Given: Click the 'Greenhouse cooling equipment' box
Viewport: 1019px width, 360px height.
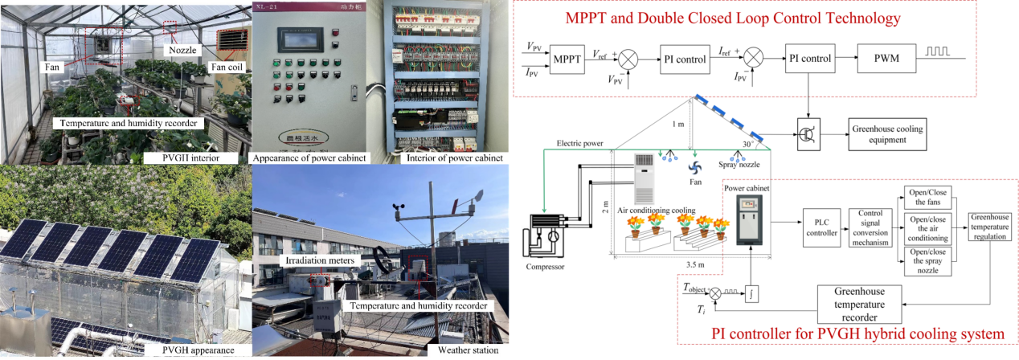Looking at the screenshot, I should [888, 133].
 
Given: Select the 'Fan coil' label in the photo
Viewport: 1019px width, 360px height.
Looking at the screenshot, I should [227, 67].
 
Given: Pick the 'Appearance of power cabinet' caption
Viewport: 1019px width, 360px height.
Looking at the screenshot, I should [309, 157].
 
